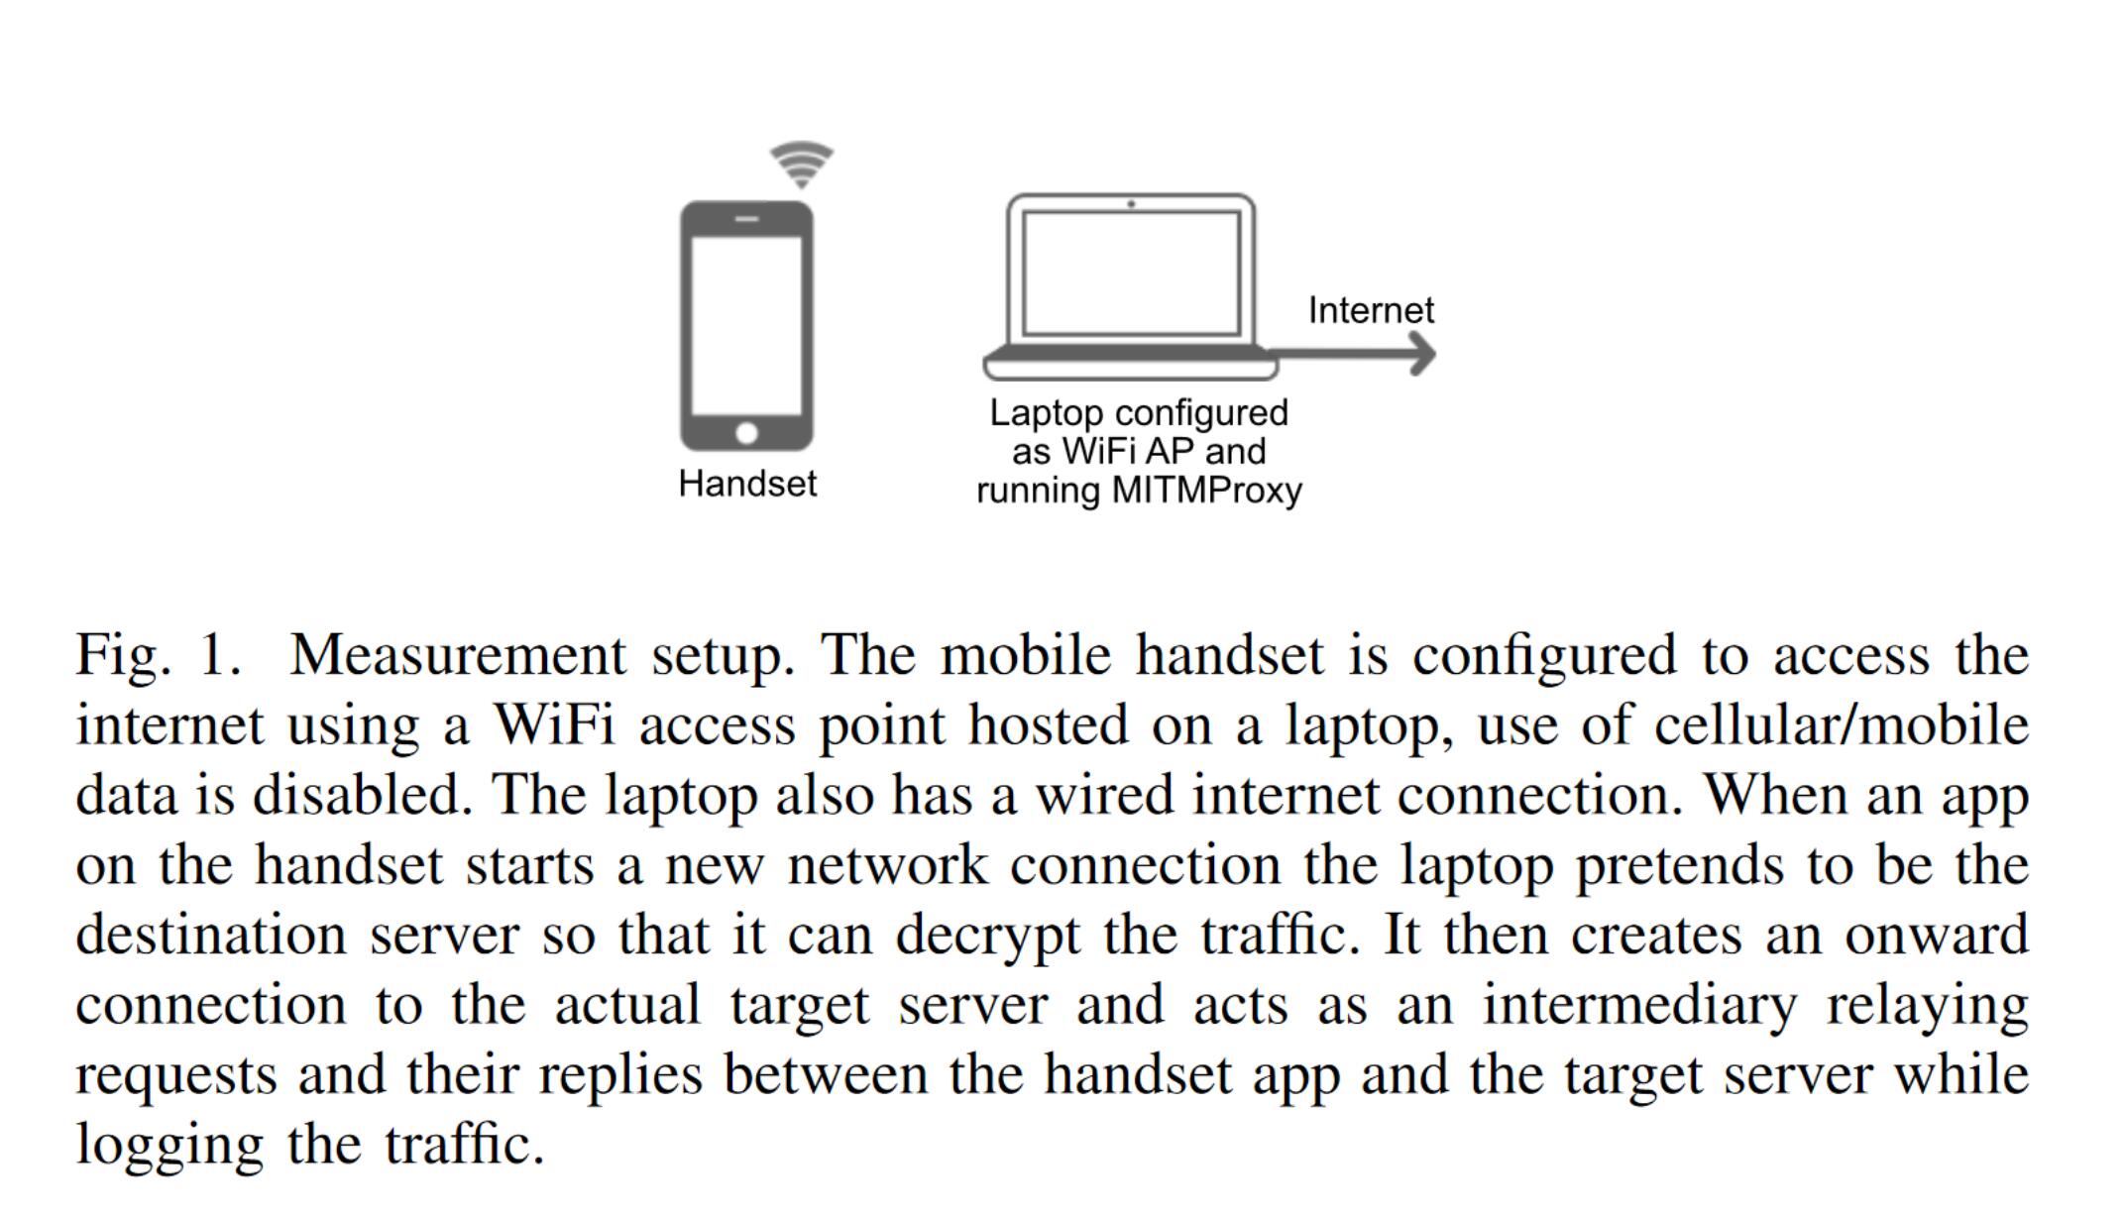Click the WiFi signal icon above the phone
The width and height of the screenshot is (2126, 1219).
tap(802, 165)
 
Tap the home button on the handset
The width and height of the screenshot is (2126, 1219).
tap(747, 433)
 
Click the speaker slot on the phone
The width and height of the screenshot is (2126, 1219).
tap(747, 219)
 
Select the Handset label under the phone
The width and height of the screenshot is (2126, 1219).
tap(747, 484)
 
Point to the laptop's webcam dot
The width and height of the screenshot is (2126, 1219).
tap(1131, 204)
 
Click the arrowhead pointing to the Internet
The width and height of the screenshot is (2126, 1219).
tap(1422, 354)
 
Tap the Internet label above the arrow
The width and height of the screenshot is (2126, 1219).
tap(1371, 310)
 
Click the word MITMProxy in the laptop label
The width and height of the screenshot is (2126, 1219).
tap(1207, 491)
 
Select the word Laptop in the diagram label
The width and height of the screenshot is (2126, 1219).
tap(1047, 413)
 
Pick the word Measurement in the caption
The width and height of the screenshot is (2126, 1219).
tap(458, 656)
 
